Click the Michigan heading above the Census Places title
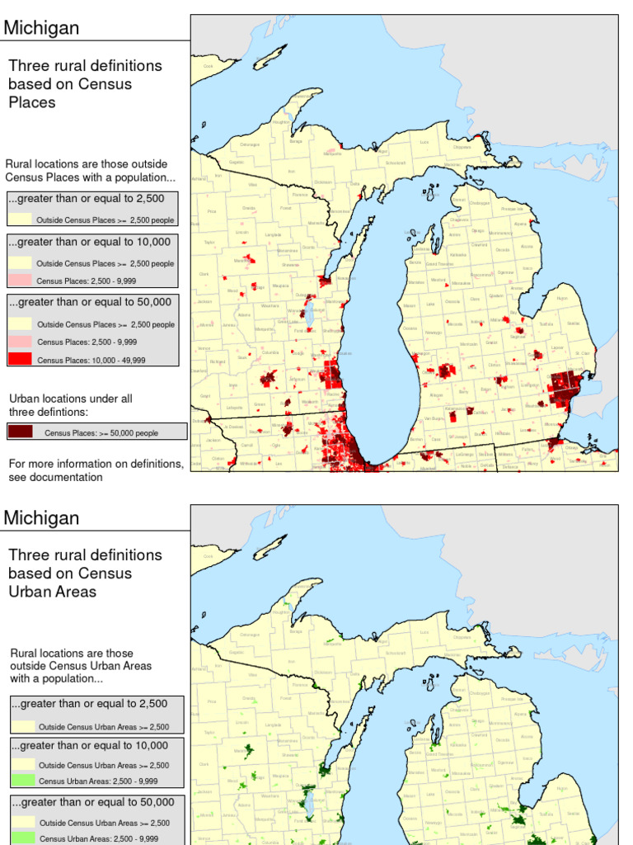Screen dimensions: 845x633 point(42,28)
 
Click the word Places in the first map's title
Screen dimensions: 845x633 point(32,102)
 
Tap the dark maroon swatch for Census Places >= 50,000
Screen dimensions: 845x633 point(21,432)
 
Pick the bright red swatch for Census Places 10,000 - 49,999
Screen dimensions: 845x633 point(21,359)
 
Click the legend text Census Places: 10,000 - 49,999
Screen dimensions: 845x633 point(87,360)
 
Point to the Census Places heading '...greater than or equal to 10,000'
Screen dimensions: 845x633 point(91,242)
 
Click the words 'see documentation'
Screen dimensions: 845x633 point(56,477)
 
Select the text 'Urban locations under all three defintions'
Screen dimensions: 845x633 point(70,405)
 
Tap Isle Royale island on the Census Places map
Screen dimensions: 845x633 point(270,57)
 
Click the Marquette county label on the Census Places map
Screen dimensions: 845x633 point(332,153)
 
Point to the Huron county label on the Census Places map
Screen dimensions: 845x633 point(562,298)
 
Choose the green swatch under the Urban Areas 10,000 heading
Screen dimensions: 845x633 point(24,781)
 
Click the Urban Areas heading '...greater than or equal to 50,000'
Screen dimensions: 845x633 point(91,802)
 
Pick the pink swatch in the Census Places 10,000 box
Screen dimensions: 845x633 point(21,281)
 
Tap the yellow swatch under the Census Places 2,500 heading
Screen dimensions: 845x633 point(21,220)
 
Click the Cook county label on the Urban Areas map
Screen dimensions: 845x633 point(209,556)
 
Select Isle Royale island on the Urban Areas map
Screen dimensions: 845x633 point(270,546)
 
